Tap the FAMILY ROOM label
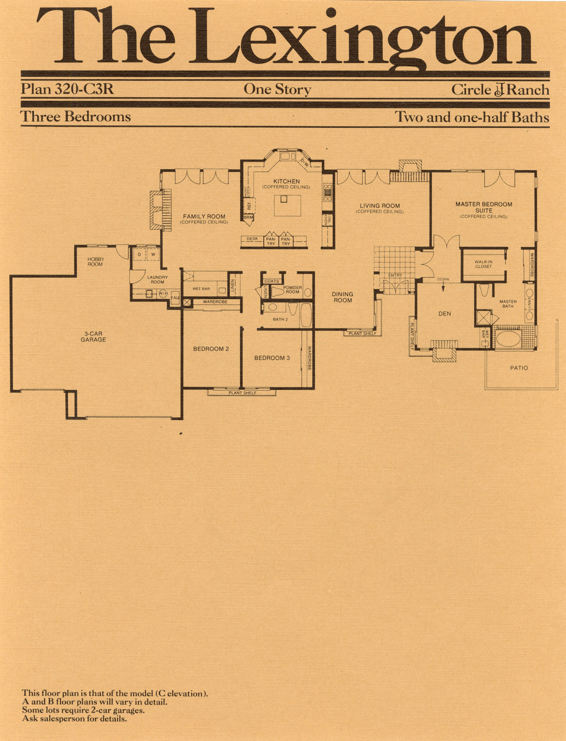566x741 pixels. tap(204, 216)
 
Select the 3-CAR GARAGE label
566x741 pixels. tap(93, 337)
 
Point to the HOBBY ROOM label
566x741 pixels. tap(96, 261)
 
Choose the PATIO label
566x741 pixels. tap(519, 368)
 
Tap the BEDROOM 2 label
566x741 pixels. tap(211, 349)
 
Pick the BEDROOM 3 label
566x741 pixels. tap(272, 358)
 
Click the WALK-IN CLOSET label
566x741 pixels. tap(483, 264)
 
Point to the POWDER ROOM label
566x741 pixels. tap(292, 289)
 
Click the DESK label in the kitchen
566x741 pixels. tap(252, 239)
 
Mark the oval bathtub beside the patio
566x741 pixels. tap(509, 338)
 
